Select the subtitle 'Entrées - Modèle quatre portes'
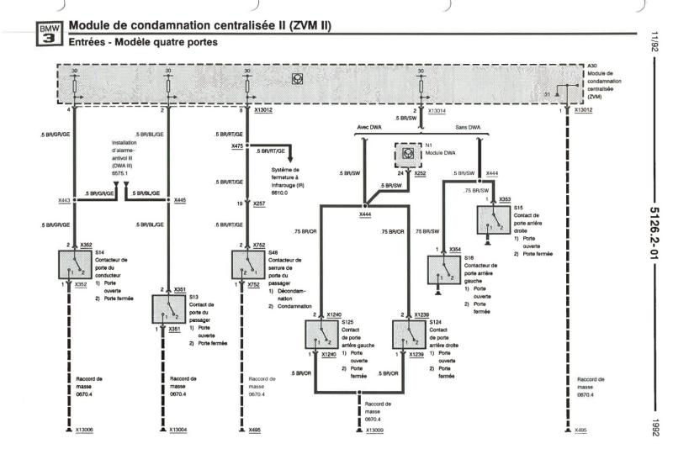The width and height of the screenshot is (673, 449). tap(144, 41)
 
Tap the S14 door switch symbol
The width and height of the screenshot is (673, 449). tap(76, 265)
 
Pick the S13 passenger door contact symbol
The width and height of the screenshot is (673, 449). tap(167, 309)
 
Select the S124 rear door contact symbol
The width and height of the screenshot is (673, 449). tap(407, 335)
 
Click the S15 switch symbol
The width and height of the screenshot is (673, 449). tap(494, 220)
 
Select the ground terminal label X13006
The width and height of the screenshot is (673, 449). tap(84, 430)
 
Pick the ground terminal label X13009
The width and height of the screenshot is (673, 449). tap(375, 430)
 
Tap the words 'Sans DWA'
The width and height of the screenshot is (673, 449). tap(468, 128)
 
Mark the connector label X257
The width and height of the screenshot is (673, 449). tap(258, 203)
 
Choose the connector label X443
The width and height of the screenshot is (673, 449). tap(64, 199)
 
